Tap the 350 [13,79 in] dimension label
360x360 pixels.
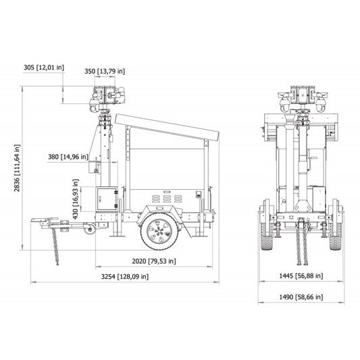pyautogui.click(x=104, y=71)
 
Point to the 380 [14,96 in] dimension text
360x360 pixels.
pyautogui.click(x=68, y=156)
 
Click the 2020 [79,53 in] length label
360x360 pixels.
pyautogui.click(x=153, y=261)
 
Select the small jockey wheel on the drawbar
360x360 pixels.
pyautogui.click(x=88, y=230)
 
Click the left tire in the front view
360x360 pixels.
pyautogui.click(x=265, y=232)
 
